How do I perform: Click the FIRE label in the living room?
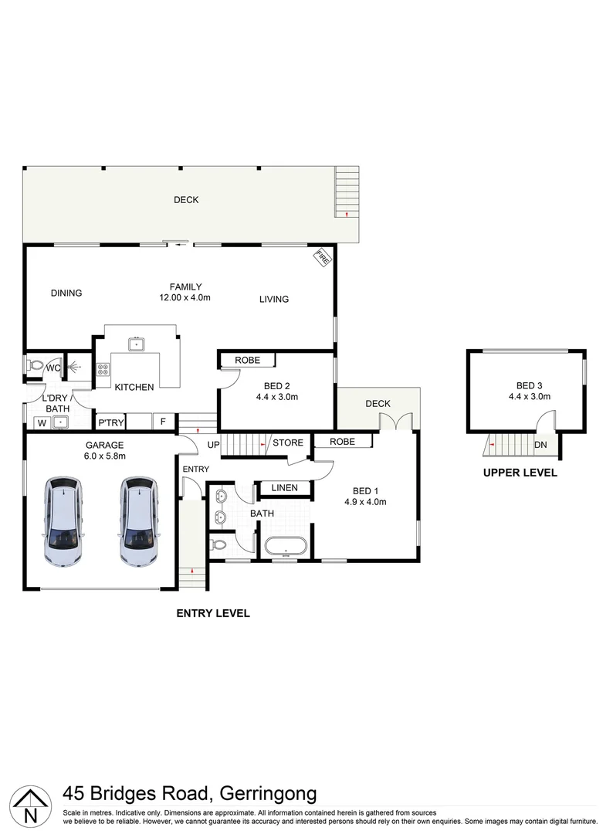coord(322,259)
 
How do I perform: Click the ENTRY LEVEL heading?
coord(213,613)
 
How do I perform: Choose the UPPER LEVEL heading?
coord(520,473)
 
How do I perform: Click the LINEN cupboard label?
coord(285,488)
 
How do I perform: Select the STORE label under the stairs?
coord(288,443)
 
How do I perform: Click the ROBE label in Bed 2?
coord(247,360)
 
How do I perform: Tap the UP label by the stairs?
coord(213,444)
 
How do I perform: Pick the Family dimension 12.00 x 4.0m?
coord(185,297)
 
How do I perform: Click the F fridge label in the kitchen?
coord(163,422)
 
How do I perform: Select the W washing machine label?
coord(40,422)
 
